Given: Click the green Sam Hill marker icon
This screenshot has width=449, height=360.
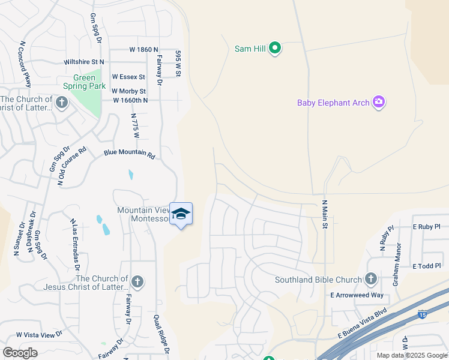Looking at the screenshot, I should (275, 48).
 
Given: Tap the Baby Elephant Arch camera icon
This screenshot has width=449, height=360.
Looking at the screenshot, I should (378, 103).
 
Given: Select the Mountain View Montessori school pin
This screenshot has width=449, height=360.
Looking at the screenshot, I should (181, 214).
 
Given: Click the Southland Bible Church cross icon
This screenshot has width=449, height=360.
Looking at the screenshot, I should (370, 279).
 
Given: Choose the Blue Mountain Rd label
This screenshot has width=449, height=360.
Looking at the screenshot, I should (130, 154).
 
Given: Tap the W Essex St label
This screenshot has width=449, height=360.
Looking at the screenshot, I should (128, 77).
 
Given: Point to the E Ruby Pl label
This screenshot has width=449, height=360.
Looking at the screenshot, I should (426, 227).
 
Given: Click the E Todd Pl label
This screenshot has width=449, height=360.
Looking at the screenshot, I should (426, 266).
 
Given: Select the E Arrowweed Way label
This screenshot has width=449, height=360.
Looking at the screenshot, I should (357, 295).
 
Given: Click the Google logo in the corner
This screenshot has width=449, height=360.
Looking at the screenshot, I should (20, 353).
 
